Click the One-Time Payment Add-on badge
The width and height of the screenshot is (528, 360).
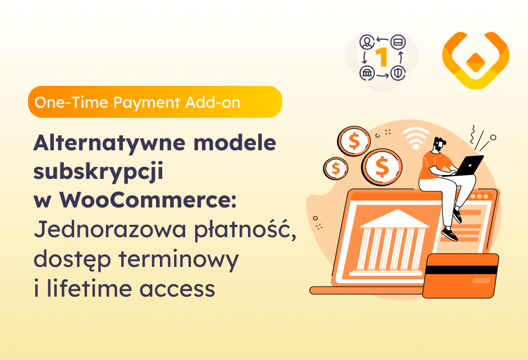pyautogui.click(x=155, y=102)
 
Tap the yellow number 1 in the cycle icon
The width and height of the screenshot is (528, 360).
pyautogui.click(x=382, y=57)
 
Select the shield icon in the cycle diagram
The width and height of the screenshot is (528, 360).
pyautogui.click(x=398, y=73)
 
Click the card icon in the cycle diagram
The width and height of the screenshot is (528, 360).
pyautogui.click(x=398, y=42)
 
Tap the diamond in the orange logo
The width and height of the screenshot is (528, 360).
pyautogui.click(x=476, y=59)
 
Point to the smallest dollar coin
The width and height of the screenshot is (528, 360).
pyautogui.click(x=336, y=167)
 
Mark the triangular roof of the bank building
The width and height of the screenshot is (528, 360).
pyautogui.click(x=394, y=219)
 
